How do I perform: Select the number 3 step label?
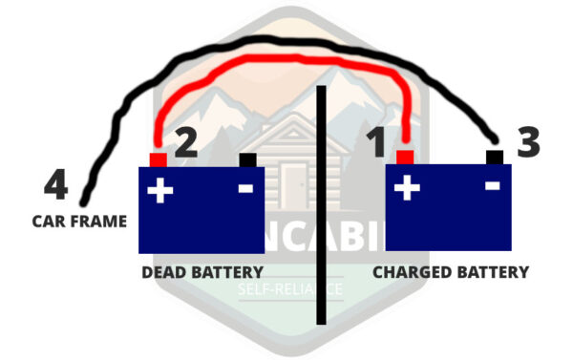(528, 142)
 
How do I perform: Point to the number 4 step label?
(55, 184)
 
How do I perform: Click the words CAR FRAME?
(79, 222)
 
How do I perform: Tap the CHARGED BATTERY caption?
(450, 272)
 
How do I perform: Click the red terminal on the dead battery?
(158, 159)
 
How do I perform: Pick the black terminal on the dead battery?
(248, 159)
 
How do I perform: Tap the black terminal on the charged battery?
(494, 157)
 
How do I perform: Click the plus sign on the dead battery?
(159, 191)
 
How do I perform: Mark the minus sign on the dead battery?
(245, 189)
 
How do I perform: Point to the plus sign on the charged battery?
(408, 188)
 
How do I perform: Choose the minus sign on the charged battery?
(492, 187)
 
